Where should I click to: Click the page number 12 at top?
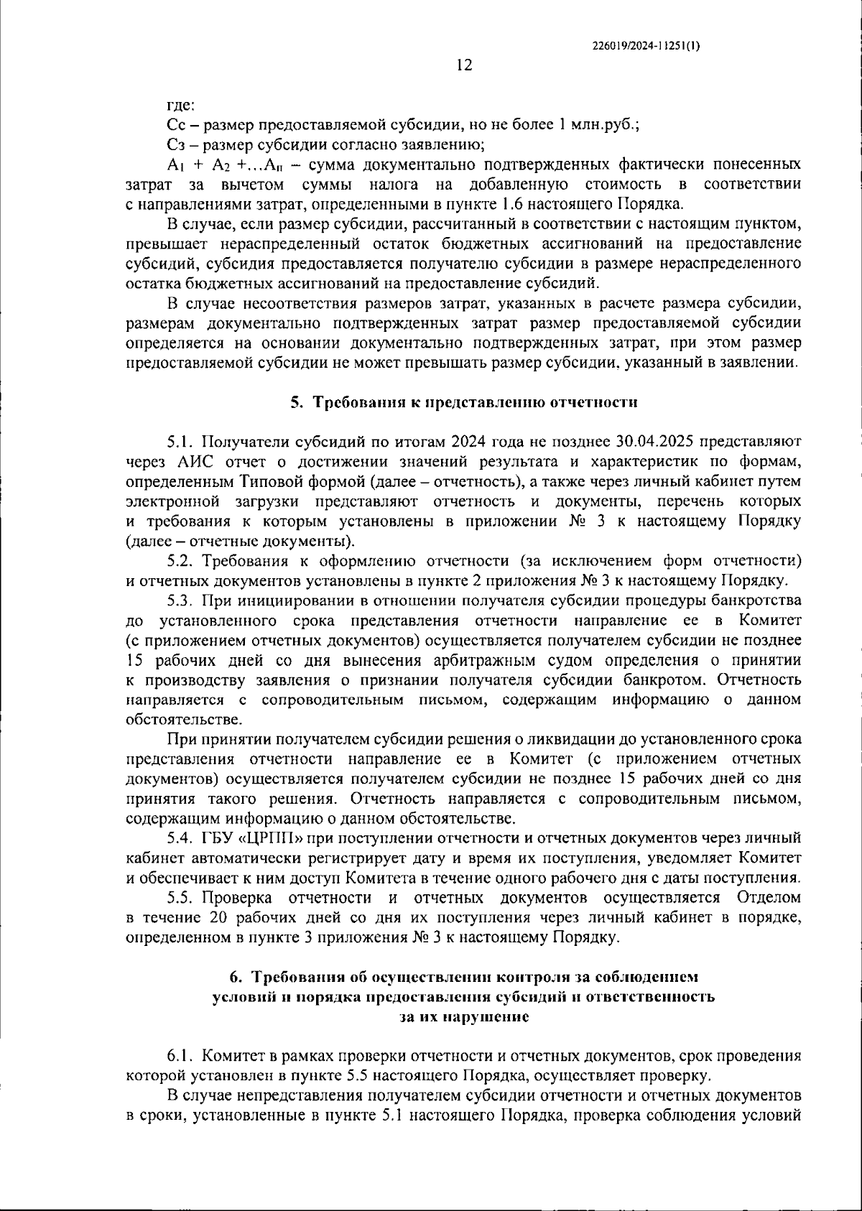[x=464, y=65]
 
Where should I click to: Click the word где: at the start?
[x=180, y=106]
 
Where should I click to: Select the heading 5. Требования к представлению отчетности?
[x=464, y=402]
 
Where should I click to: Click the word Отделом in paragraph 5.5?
[x=769, y=898]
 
